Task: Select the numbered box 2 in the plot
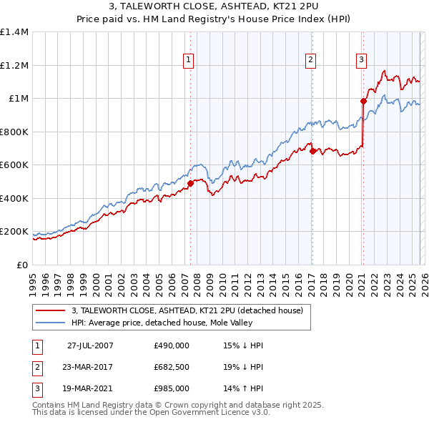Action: point(311,60)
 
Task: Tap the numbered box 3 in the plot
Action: point(362,60)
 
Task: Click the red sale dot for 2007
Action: point(190,183)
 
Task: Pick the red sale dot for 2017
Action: point(312,151)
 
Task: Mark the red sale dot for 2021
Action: point(363,101)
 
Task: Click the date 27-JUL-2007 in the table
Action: point(90,345)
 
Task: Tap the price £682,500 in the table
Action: point(172,367)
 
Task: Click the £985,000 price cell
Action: point(172,388)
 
